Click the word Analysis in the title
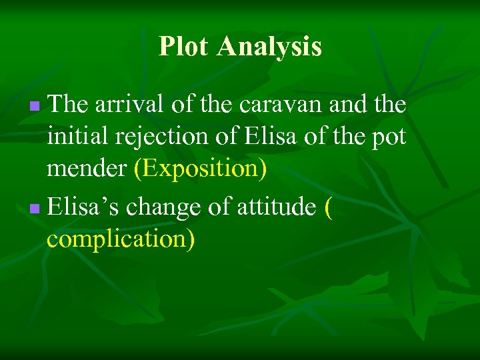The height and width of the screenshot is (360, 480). [x=269, y=47]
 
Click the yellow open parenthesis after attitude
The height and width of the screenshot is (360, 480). [x=327, y=207]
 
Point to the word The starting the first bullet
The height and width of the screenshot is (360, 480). [x=69, y=104]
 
